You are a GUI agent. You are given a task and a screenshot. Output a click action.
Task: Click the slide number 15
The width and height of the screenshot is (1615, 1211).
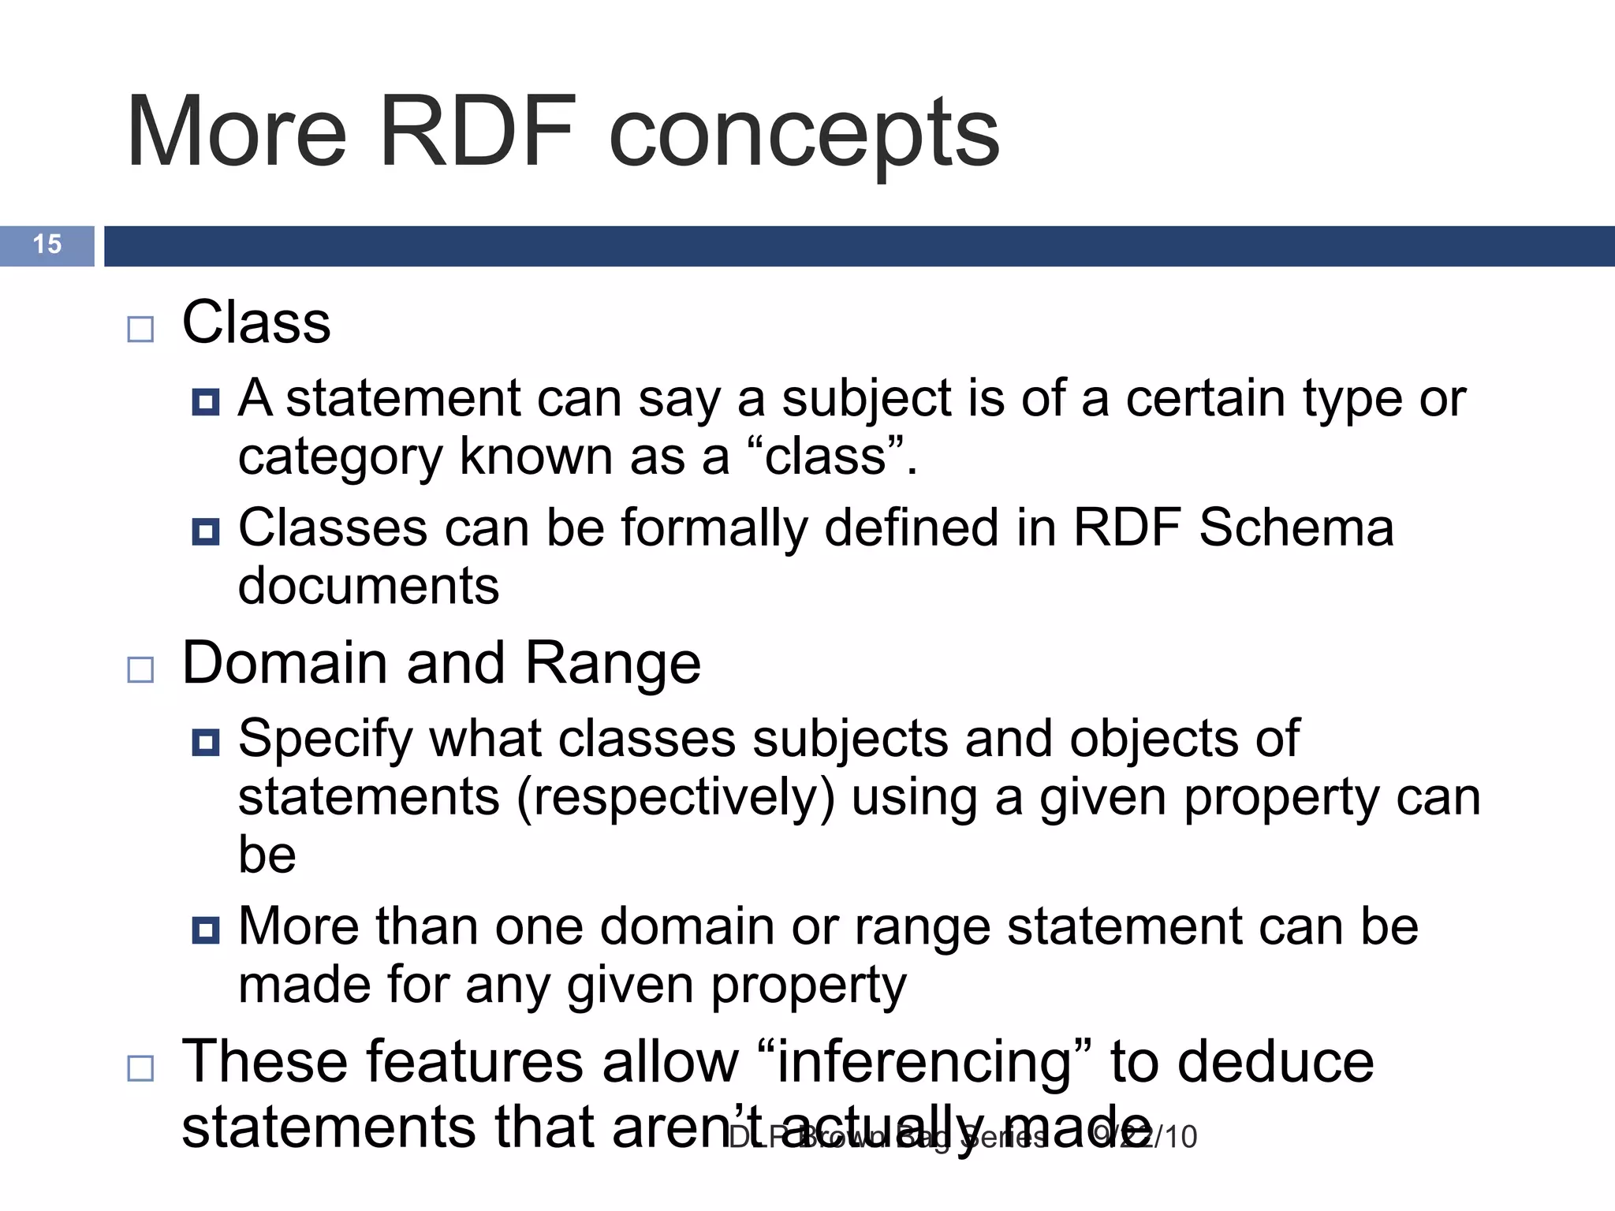point(47,244)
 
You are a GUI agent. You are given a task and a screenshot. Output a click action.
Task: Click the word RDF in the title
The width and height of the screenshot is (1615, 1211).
point(476,132)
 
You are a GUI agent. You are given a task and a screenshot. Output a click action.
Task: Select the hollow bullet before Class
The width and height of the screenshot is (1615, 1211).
point(140,329)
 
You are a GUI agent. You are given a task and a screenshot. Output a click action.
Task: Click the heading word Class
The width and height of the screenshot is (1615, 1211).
point(256,322)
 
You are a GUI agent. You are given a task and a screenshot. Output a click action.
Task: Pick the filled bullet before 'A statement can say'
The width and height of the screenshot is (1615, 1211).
point(206,402)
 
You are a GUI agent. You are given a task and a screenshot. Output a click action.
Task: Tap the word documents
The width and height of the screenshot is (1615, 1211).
point(368,585)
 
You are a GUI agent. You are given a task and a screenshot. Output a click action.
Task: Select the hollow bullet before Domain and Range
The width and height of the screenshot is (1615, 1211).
point(140,669)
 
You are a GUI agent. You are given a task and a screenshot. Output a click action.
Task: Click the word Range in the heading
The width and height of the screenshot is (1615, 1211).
point(613,663)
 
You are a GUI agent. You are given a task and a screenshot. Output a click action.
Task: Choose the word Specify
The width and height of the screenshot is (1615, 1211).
point(324,740)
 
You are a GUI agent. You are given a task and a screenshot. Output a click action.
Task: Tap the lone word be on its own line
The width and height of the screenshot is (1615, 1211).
point(267,854)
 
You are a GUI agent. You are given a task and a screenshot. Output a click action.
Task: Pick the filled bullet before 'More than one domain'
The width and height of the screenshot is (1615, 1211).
point(206,930)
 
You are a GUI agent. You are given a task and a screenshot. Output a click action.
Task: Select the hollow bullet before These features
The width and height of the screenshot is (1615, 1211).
point(140,1069)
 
